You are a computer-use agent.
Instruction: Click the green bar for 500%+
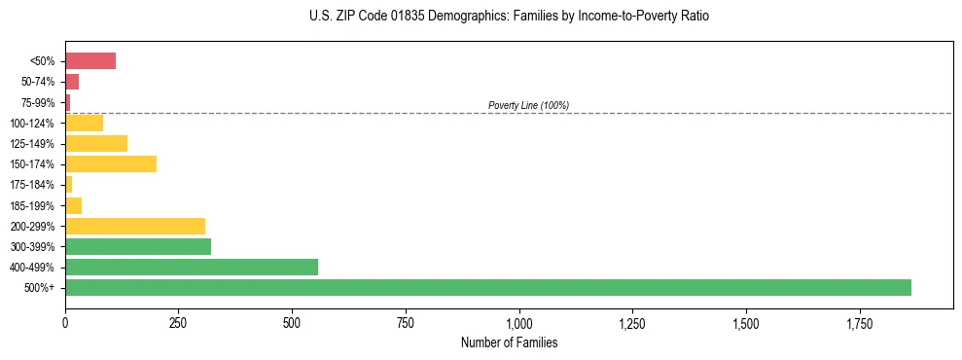pyautogui.click(x=487, y=287)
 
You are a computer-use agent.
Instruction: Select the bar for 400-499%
pyautogui.click(x=192, y=267)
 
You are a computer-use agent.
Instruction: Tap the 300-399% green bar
pyautogui.click(x=138, y=246)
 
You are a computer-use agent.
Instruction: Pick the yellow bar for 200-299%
pyautogui.click(x=135, y=226)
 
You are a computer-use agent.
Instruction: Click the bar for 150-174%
pyautogui.click(x=111, y=163)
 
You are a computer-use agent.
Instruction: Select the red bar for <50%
pyautogui.click(x=90, y=61)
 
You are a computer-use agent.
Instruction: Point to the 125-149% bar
pyautogui.click(x=96, y=143)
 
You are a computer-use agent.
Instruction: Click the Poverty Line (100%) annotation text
pyautogui.click(x=528, y=105)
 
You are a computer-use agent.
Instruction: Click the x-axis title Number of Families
pyautogui.click(x=510, y=342)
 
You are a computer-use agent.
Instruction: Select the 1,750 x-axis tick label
pyautogui.click(x=860, y=322)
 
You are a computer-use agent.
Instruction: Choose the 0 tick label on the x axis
pyautogui.click(x=65, y=322)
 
